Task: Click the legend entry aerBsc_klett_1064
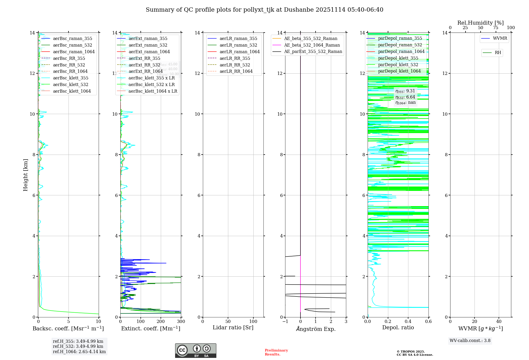[x=72, y=91]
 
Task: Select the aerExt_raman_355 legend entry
[x=148, y=39]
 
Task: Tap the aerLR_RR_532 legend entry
[x=235, y=65]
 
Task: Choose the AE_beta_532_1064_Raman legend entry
[x=312, y=45]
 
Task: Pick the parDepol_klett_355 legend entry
[x=398, y=58]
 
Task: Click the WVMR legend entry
[x=500, y=38]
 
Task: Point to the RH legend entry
[x=498, y=53]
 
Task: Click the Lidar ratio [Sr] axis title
[x=233, y=327]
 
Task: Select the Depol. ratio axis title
[x=398, y=327]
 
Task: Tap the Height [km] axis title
[x=25, y=175]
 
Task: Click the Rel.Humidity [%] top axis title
[x=480, y=23]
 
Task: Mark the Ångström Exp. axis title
[x=316, y=329]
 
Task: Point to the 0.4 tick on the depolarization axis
[x=408, y=321]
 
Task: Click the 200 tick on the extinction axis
[x=161, y=321]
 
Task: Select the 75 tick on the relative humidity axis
[x=496, y=28]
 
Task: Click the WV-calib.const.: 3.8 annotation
[x=470, y=341]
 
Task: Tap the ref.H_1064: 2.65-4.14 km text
[x=79, y=352]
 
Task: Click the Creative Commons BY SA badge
[x=195, y=351]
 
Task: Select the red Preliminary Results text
[x=276, y=352]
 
